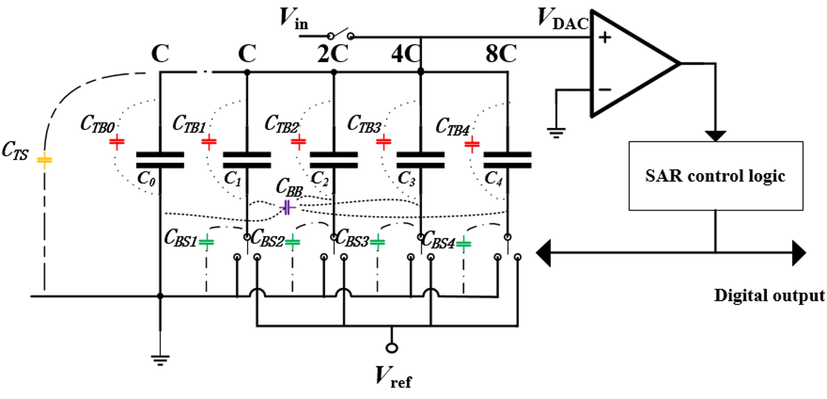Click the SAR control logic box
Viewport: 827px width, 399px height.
715,176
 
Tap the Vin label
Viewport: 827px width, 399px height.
293,18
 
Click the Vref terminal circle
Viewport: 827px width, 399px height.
392,348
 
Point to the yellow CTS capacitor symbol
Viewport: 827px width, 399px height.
44,160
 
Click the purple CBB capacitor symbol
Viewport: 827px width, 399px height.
288,208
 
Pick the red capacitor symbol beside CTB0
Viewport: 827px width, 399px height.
117,142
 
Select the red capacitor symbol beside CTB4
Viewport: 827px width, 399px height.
472,144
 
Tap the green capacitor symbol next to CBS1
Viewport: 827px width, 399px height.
207,242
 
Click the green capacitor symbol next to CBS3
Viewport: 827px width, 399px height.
378,242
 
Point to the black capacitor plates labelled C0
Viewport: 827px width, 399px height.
160,160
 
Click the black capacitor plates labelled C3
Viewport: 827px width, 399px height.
421,160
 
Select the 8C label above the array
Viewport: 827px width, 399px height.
501,54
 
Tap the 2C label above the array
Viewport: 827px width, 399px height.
332,54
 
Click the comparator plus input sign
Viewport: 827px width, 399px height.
605,37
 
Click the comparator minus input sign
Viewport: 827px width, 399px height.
605,90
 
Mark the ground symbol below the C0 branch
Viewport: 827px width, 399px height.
160,360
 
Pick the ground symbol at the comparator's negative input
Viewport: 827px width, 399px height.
556,133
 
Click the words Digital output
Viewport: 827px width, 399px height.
769,296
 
